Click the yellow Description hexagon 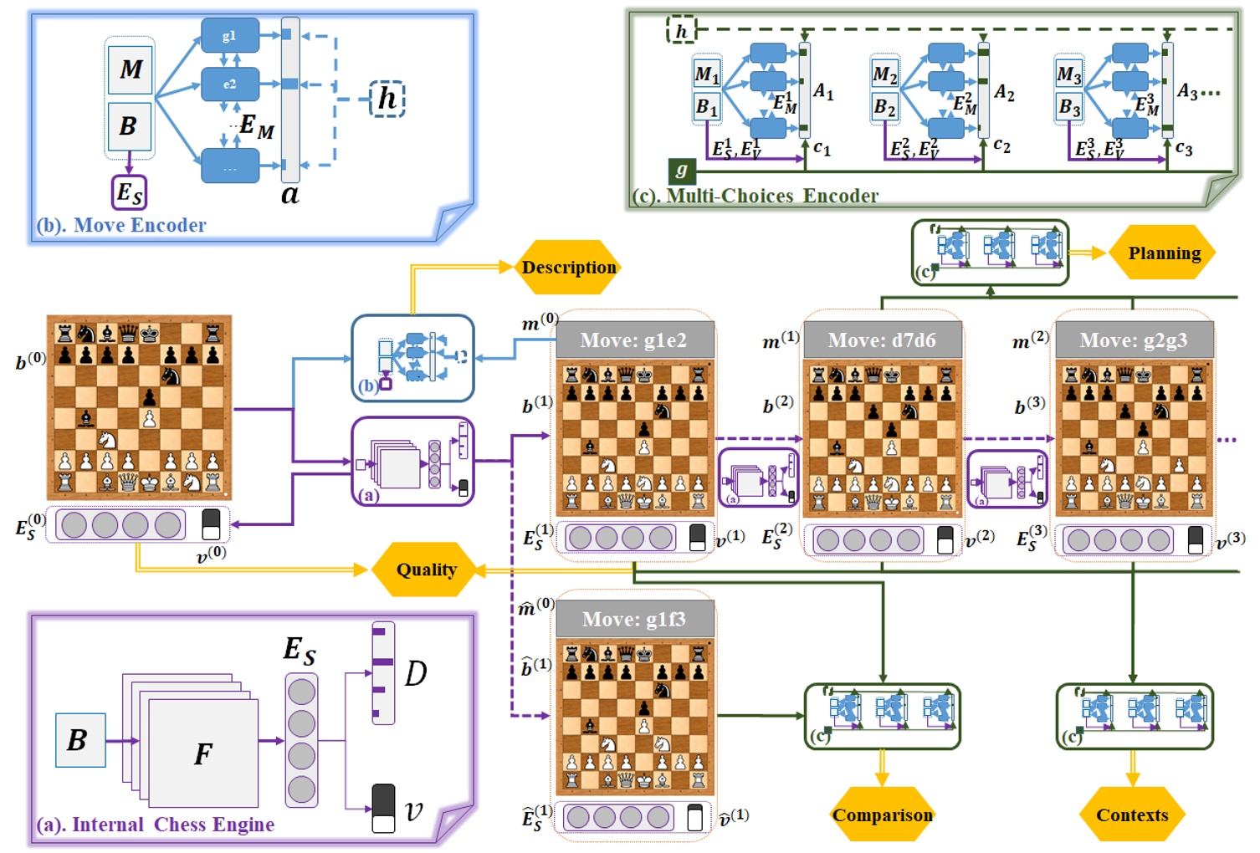pos(568,268)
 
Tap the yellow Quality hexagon pos(426,570)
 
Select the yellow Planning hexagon pos(1163,253)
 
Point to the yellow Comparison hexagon pos(882,815)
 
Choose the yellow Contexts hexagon pos(1132,815)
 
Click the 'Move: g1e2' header pos(633,340)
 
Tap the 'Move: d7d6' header pos(881,340)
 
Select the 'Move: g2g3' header pos(1133,340)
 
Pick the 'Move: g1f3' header pos(633,619)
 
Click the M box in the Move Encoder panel pos(130,69)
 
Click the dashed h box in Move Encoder pos(387,99)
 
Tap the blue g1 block pos(229,36)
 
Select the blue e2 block pos(229,84)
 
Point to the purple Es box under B pos(129,192)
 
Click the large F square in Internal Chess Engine pos(203,753)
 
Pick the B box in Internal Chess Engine pos(79,740)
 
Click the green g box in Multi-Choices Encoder pos(681,171)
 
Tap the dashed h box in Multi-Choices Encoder pos(681,31)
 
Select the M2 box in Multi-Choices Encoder pos(884,74)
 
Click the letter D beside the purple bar pos(415,673)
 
